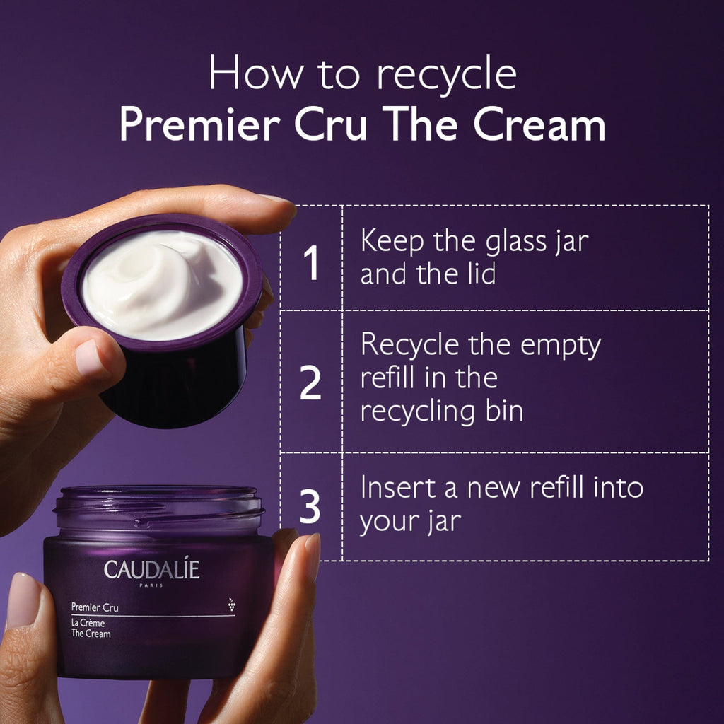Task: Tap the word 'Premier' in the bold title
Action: click(200, 124)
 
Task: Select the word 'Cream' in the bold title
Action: click(539, 124)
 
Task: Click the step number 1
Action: click(312, 262)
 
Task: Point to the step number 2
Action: click(310, 383)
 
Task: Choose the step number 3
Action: click(310, 506)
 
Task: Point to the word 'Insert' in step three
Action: click(398, 488)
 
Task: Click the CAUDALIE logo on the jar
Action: click(151, 569)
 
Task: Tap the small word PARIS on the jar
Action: click(151, 585)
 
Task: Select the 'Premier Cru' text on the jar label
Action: click(95, 607)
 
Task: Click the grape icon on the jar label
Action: click(231, 605)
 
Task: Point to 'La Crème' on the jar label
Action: click(88, 623)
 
